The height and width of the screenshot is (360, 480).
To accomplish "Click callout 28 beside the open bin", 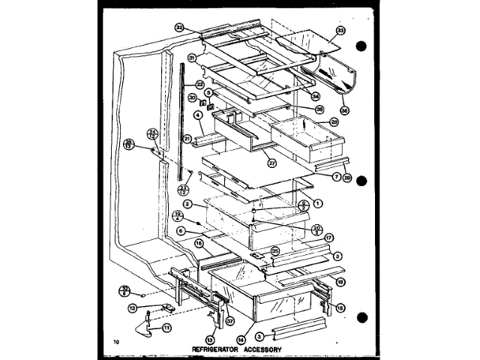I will pyautogui.click(x=334, y=121).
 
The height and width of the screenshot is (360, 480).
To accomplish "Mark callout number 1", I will pyautogui.click(x=319, y=203).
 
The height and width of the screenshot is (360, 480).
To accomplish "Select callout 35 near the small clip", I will pyautogui.click(x=274, y=251).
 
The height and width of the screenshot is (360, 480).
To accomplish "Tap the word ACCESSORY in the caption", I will pyautogui.click(x=262, y=349).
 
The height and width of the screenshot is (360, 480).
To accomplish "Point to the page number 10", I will pyautogui.click(x=115, y=343).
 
